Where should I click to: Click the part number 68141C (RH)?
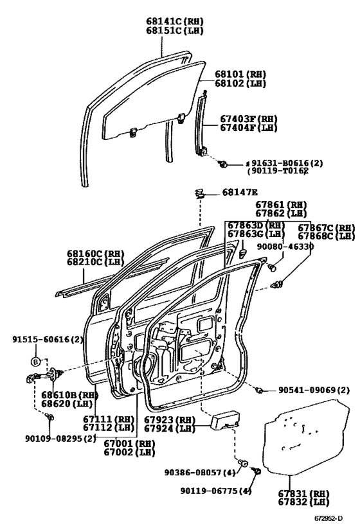point(175,21)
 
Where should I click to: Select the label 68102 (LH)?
point(240,83)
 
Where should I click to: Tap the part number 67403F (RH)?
point(249,119)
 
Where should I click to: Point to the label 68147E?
point(240,192)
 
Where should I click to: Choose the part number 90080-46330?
point(285,247)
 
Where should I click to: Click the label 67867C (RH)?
point(327,228)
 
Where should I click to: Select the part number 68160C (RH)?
point(95,253)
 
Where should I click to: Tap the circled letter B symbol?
point(35,362)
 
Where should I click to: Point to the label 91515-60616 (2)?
point(48,340)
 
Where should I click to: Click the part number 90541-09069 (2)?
point(314,390)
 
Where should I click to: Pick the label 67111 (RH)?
point(109,419)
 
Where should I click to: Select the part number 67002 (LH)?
point(129,452)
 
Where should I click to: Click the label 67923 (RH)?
point(170,420)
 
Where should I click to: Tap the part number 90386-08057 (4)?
point(200,472)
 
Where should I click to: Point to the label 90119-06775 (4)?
point(216,491)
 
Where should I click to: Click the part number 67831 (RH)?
point(303,494)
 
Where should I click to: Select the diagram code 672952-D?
point(328,518)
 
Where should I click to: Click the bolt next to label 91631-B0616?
point(222,164)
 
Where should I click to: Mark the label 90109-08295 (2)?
point(60,439)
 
